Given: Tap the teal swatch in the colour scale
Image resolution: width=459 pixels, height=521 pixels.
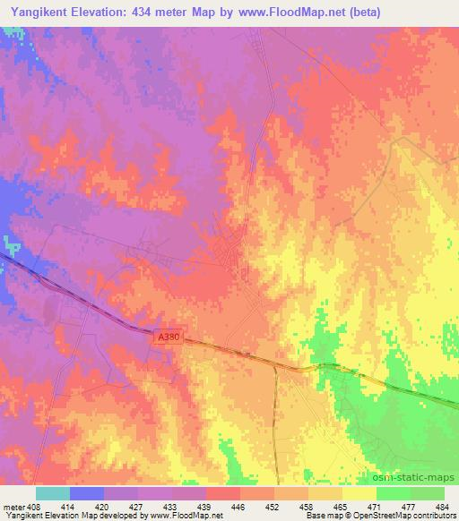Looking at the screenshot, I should coord(53,493).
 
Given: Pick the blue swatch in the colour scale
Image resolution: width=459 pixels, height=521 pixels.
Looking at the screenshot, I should coord(87,493).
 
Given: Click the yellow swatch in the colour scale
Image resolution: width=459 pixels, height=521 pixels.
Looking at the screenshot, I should coord(359,493).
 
